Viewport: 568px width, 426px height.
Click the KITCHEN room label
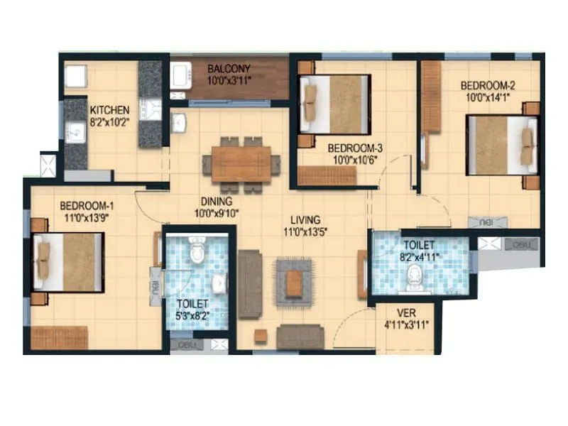(109, 110)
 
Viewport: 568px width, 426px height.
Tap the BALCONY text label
(228, 70)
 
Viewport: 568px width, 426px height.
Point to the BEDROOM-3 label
(355, 148)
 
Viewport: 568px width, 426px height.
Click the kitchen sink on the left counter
(75, 131)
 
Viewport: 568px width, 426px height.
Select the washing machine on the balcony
(181, 76)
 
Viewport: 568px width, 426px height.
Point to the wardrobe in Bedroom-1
(59, 338)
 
